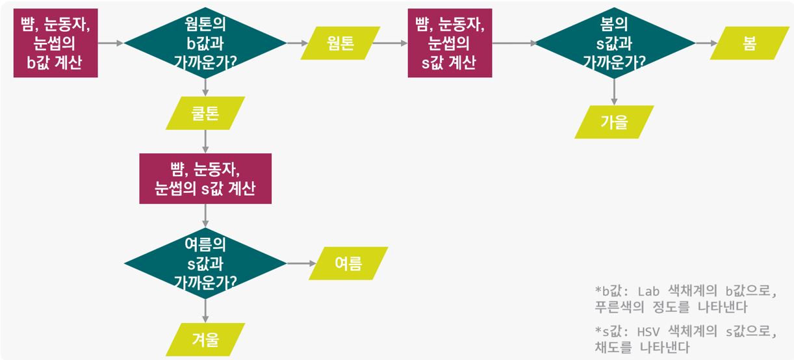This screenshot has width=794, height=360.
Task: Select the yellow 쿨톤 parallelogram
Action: [205, 113]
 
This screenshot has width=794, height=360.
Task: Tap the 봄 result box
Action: [749, 43]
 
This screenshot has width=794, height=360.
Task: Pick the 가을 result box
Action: [614, 122]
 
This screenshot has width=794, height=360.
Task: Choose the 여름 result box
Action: [348, 263]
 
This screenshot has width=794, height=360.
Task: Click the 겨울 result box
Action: [205, 339]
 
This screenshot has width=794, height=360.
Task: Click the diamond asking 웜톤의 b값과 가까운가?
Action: [205, 43]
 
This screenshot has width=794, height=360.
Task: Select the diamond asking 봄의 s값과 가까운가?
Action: [615, 43]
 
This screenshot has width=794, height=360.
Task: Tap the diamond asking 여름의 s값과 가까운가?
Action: [205, 263]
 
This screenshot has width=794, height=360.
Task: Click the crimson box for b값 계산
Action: [55, 43]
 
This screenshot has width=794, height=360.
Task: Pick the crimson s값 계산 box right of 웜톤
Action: [450, 43]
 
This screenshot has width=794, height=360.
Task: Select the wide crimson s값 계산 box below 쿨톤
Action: [205, 179]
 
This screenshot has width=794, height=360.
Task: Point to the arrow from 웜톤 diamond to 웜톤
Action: [298, 43]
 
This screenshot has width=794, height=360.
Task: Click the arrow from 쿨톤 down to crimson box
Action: [205, 142]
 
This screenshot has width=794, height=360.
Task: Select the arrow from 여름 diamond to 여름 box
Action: [300, 263]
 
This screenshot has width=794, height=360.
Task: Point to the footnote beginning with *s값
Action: [685, 339]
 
